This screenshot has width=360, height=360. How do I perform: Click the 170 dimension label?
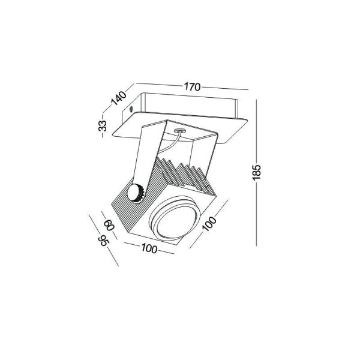point(193,87)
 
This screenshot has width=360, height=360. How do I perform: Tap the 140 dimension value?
point(118,98)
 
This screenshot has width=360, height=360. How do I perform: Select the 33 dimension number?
point(103,126)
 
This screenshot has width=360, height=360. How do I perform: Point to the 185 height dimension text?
point(257,172)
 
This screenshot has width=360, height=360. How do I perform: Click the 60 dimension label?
point(109,225)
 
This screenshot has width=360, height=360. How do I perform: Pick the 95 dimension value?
point(104,241)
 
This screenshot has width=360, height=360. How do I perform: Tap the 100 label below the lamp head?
point(149,248)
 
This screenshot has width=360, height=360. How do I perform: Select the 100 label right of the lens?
point(209,223)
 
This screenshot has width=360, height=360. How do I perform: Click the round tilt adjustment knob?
point(136,193)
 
